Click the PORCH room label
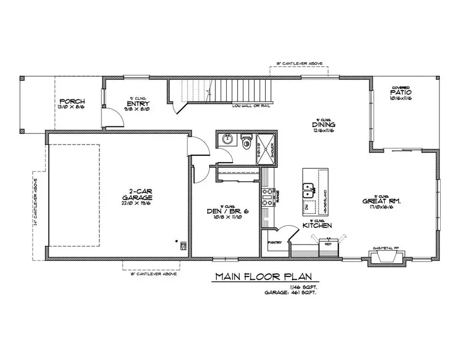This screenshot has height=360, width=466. click(x=72, y=101)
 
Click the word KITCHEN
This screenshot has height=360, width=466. click(x=317, y=226)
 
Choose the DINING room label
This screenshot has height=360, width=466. click(x=324, y=125)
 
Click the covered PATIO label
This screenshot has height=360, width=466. click(x=401, y=92)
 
